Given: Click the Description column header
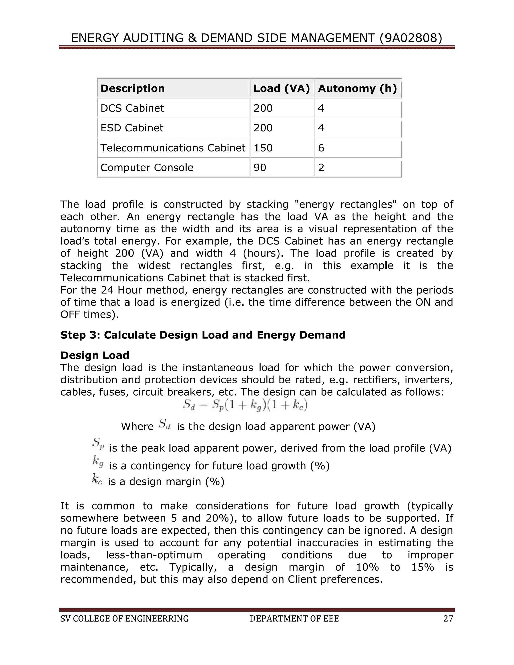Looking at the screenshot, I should (x=133, y=88).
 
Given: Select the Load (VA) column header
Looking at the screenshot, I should (x=282, y=88).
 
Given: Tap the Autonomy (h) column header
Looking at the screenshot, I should (x=357, y=88).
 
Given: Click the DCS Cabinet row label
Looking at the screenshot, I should (x=132, y=108).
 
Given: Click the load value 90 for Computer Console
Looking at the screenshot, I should (x=260, y=167).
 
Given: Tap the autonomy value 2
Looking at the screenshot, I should (x=321, y=167).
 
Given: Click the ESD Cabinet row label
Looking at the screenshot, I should (x=132, y=128).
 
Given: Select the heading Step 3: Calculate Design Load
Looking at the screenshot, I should (x=203, y=335).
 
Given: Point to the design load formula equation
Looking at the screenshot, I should (x=245, y=405).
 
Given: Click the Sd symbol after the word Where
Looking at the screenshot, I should (x=165, y=424).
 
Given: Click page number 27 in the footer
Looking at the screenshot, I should (x=448, y=619).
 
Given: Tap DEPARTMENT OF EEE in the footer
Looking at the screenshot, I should (x=294, y=619).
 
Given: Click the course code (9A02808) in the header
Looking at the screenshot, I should (x=411, y=38).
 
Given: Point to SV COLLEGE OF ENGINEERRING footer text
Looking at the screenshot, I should (x=124, y=619).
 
